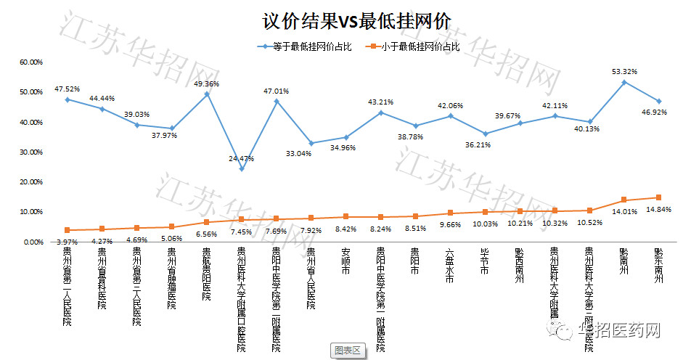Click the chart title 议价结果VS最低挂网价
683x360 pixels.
(x=340, y=21)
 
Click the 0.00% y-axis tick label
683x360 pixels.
(x=33, y=242)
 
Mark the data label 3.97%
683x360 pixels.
(x=66, y=241)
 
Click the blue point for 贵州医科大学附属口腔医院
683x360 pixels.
(x=242, y=169)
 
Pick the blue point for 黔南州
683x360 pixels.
(x=623, y=82)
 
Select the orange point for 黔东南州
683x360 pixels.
(x=658, y=197)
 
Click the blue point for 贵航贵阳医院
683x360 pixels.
(x=207, y=94)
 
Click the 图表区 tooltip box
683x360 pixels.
(x=348, y=350)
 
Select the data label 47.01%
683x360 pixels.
(x=277, y=91)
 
